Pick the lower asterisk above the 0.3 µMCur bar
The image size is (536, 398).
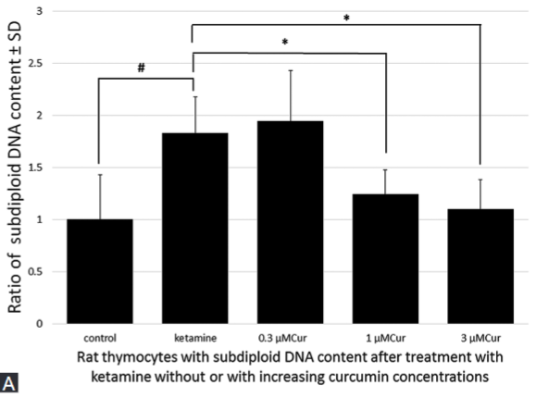[x=287, y=43]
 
